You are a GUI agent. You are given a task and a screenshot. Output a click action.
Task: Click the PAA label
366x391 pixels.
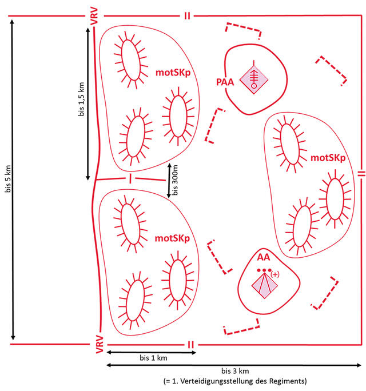[x=225, y=82]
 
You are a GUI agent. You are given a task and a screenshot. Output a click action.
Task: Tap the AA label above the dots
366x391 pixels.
[x=264, y=257]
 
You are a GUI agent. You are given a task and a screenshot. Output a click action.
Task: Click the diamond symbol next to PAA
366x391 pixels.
[x=254, y=79]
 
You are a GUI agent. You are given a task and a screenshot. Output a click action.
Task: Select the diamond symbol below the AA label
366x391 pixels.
[x=265, y=286]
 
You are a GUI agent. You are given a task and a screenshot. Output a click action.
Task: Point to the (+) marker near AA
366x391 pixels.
[x=274, y=274]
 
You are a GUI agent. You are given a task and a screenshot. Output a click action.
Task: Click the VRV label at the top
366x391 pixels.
[x=94, y=16]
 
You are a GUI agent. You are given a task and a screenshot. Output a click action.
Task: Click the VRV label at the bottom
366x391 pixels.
[x=100, y=344]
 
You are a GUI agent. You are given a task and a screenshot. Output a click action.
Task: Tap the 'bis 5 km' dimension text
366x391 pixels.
[x=8, y=178]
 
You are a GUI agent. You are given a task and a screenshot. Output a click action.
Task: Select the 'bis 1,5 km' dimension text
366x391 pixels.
[x=81, y=99]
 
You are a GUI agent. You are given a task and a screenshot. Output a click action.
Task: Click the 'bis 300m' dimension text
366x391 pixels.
[x=175, y=180]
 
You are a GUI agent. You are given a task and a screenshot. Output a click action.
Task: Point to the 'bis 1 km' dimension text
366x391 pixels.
[x=153, y=358]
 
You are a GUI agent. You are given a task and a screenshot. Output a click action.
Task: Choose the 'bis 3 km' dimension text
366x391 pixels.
[x=235, y=371]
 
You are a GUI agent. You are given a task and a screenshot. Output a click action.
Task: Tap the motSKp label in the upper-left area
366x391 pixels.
[x=173, y=73]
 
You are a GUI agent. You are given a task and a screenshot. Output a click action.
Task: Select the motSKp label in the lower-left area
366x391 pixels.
[x=172, y=238]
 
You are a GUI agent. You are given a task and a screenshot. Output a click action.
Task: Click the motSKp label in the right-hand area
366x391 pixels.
[x=328, y=158]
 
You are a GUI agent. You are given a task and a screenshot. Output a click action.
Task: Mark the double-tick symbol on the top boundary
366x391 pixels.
[x=187, y=16]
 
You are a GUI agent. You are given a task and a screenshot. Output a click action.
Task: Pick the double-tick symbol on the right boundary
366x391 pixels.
[x=361, y=174]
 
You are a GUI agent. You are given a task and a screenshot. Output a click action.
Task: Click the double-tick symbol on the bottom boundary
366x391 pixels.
[x=190, y=345]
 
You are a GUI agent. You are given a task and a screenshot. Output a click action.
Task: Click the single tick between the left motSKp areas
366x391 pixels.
[x=130, y=178]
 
